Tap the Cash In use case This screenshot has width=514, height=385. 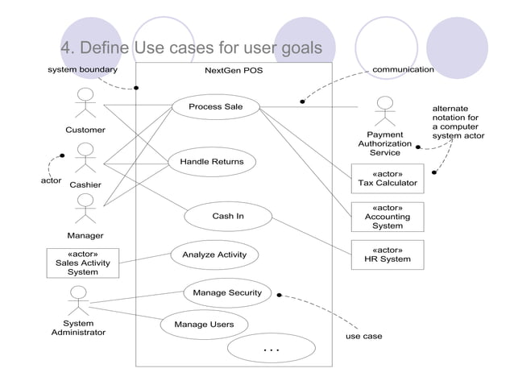point(227,216)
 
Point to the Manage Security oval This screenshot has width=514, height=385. point(227,293)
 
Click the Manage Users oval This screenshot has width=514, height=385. point(204,325)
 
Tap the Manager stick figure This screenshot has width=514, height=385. point(85,209)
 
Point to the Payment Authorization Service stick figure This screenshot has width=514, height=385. point(385,111)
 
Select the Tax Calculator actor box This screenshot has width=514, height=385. point(388,179)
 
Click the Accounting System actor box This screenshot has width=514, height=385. point(388,217)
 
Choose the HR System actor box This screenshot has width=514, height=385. point(388,255)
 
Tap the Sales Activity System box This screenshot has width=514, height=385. point(83,263)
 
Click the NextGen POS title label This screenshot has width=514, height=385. point(234,70)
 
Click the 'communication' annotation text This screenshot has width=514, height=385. point(403,69)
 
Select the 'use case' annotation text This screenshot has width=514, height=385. point(363,336)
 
